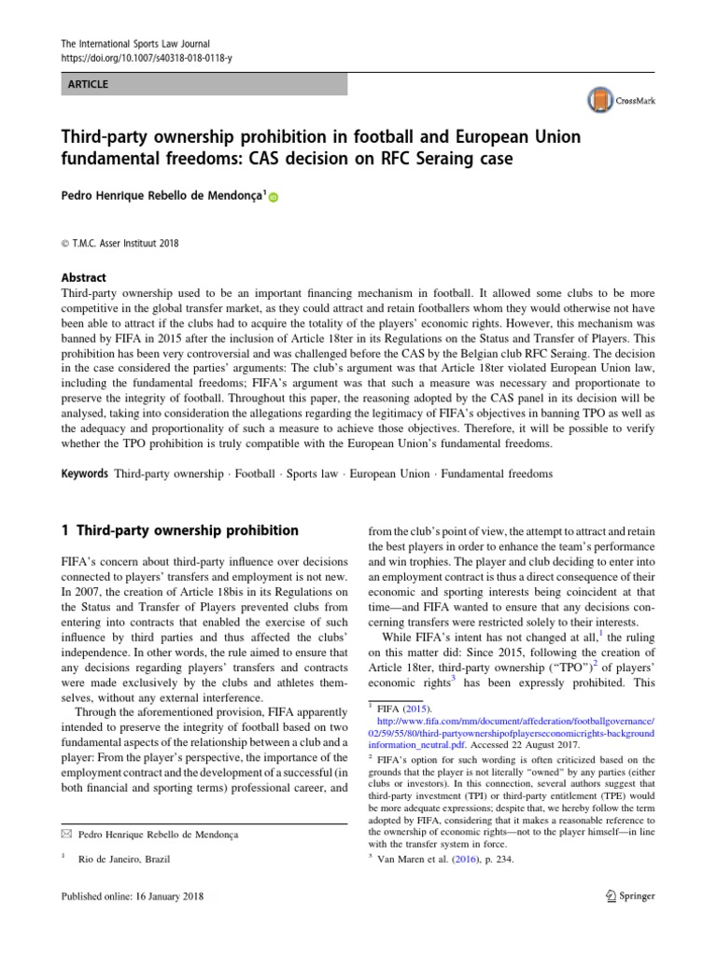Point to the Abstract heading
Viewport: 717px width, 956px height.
(83, 277)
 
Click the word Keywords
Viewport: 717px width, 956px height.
(85, 473)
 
